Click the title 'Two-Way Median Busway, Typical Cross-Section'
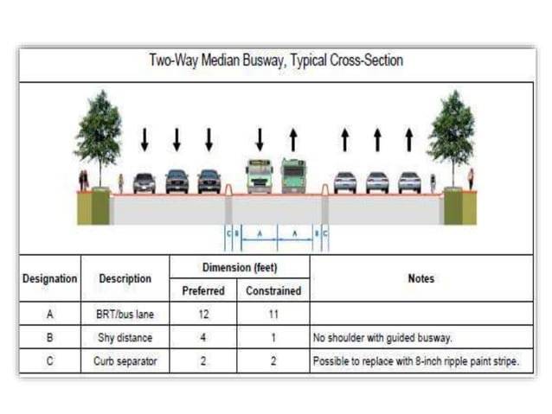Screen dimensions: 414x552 276,61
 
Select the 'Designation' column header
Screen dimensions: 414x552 49,279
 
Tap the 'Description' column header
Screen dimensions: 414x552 125,279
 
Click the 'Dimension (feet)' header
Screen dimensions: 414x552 239,268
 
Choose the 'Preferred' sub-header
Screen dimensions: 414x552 203,291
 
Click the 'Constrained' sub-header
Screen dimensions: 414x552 273,291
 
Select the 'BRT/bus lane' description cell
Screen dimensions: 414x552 125,315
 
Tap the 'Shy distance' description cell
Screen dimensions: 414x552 125,338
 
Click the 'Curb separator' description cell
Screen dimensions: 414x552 125,361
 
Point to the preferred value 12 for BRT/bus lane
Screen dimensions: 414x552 203,315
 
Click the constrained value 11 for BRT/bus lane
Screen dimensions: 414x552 273,315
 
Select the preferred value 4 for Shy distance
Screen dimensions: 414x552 203,338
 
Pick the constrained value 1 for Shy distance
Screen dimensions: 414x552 273,338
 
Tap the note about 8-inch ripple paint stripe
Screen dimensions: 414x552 416,361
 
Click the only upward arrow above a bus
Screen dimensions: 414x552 293,139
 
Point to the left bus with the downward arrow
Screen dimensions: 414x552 259,176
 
